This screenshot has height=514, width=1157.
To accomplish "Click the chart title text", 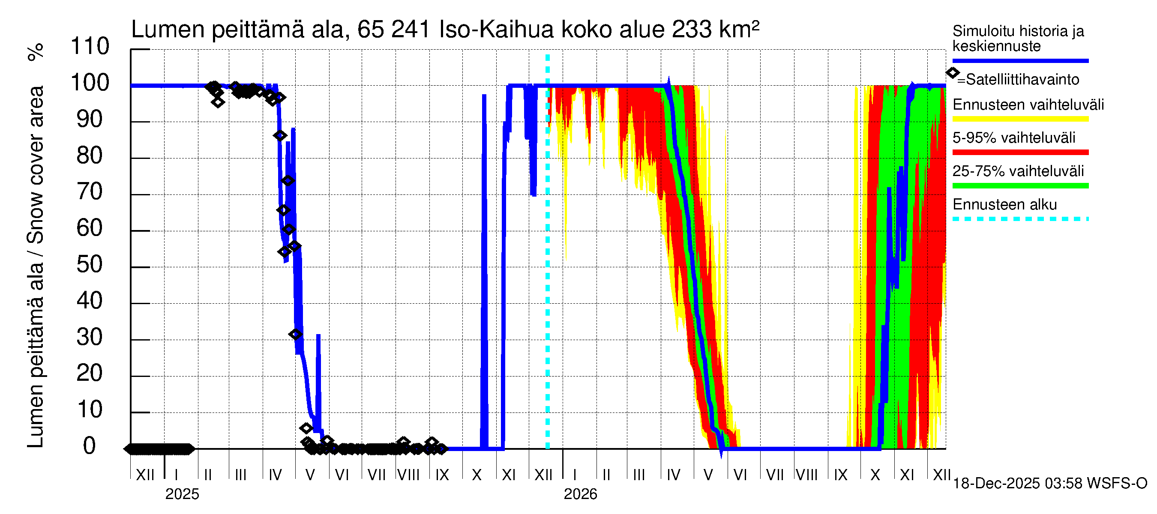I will [445, 30].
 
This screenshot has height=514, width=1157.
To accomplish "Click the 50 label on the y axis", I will [90, 265].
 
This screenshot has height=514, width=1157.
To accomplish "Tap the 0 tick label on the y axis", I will [90, 446].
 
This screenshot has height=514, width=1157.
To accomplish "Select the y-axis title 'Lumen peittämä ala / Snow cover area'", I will [36, 267].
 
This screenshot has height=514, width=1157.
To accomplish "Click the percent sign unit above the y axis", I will [36, 52].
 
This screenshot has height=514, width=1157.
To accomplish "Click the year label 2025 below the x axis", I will [182, 494].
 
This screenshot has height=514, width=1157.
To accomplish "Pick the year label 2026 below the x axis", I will [580, 494].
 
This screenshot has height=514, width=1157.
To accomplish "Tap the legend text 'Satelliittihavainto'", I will [1022, 80].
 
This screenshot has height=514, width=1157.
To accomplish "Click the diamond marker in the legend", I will [952, 73].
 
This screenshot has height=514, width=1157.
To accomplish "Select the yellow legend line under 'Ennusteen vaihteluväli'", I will [1020, 119].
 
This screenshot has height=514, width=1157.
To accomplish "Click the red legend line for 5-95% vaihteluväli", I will [1020, 152].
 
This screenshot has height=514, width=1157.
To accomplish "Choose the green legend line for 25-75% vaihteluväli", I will [1020, 186].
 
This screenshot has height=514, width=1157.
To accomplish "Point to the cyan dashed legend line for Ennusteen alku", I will [1020, 219].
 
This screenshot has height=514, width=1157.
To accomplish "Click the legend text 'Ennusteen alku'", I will [1004, 205].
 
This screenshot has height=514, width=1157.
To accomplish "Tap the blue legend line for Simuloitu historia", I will [1020, 60].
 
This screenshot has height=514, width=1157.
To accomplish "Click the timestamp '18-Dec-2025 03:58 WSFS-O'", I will [1049, 484].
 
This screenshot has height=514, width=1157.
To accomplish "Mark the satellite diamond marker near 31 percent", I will [295, 335].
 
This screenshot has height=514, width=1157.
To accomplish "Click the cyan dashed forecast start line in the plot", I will [548, 269].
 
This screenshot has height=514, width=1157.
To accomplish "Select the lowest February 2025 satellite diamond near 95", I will [218, 102].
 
